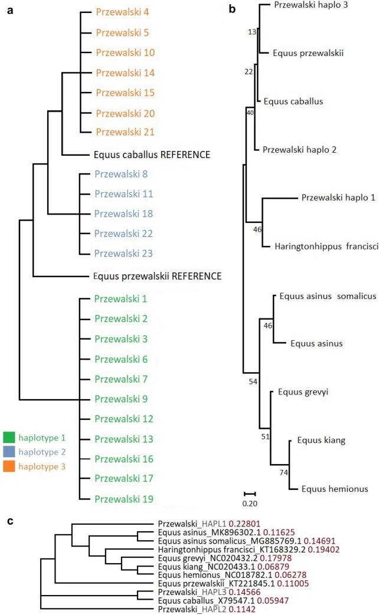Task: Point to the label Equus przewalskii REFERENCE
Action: pos(156,275)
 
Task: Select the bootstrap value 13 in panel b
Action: pos(253,32)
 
